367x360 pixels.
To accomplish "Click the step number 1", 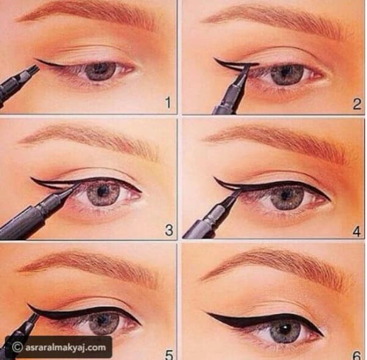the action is coord(168,103).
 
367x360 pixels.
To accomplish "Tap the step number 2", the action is coord(357,105).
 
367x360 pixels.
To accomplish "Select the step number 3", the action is coord(169,230).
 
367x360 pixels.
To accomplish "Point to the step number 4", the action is coord(357,230).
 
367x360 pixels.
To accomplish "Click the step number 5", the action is coord(169,355).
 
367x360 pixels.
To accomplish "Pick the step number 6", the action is coord(357,356).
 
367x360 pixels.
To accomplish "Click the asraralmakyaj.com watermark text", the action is coord(66,347).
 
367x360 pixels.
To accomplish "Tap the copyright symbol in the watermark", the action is coord(17,348).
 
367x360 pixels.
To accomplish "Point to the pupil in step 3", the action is coord(101,192).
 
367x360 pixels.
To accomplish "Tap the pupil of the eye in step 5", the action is coord(103,320).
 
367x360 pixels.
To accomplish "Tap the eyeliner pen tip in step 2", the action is coord(245,67).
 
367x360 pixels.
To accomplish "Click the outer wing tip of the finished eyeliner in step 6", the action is coord(206,314).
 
